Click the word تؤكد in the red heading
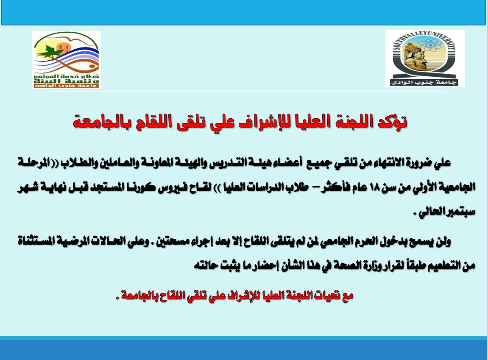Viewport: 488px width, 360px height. click(x=391, y=121)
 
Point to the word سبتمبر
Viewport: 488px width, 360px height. click(x=460, y=212)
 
